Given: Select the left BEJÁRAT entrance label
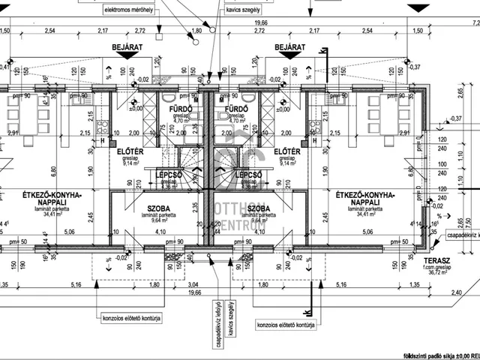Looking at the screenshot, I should [x=127, y=47].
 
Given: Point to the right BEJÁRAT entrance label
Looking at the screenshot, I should [x=290, y=47].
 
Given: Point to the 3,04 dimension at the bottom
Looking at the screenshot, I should [x=193, y=285].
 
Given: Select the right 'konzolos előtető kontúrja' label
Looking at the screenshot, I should [x=285, y=326].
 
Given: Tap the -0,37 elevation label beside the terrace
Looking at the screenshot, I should [x=455, y=118].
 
